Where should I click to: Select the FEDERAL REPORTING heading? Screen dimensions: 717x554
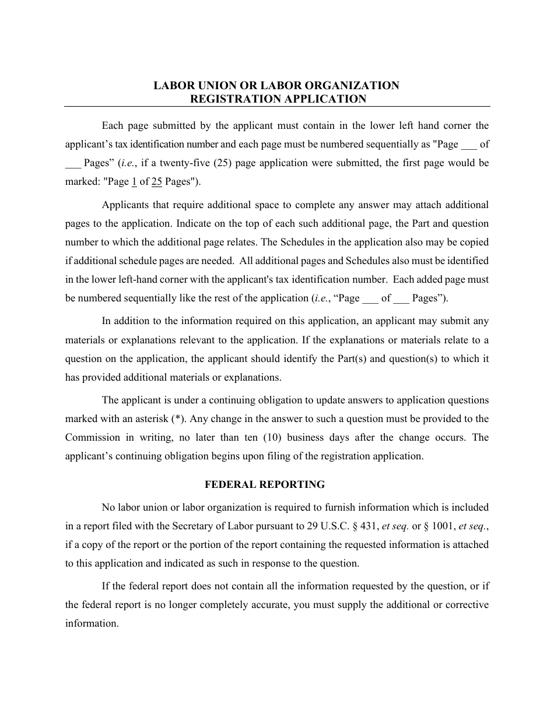click(x=265, y=484)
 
